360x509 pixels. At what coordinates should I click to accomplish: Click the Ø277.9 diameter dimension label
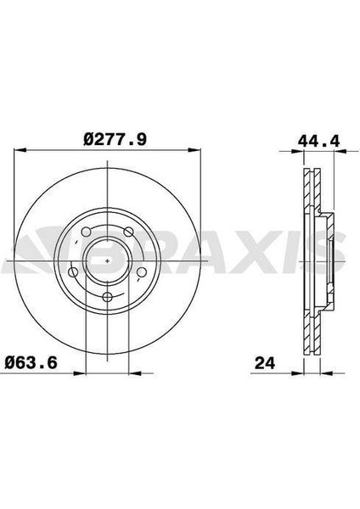(115, 140)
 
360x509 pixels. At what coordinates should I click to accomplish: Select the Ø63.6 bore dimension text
(31, 362)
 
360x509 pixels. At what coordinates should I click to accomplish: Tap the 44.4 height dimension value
(318, 141)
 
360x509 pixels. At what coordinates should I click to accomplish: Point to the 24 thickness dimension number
(265, 363)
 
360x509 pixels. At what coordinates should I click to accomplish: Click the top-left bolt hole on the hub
(86, 232)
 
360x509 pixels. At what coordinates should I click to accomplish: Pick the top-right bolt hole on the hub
(129, 232)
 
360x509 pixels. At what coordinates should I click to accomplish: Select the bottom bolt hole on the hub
(107, 296)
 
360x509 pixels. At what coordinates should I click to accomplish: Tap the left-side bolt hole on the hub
(73, 272)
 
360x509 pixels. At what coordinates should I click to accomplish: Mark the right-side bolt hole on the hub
(142, 271)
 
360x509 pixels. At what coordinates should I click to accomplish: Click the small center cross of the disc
(108, 260)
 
